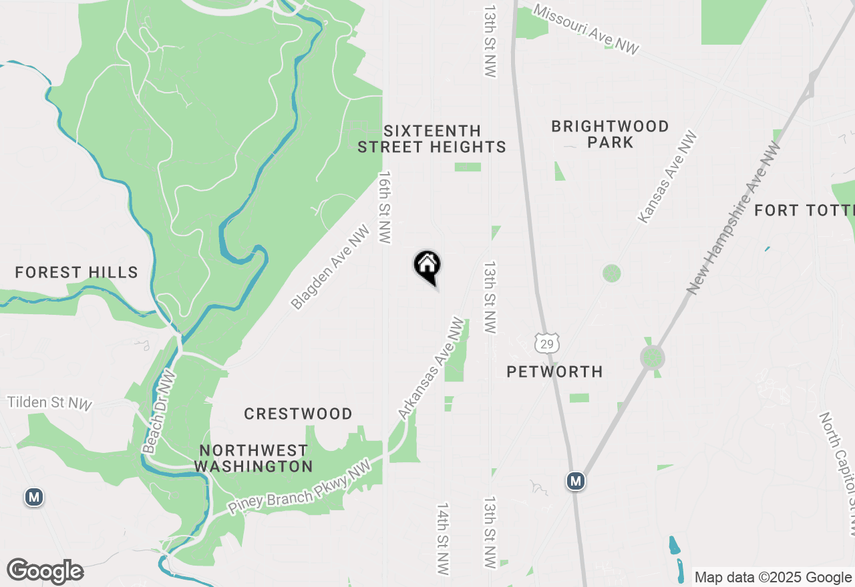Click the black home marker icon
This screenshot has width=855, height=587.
[x=427, y=265]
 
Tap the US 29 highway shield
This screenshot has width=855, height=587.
[x=546, y=343]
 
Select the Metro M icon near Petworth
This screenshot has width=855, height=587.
[x=576, y=481]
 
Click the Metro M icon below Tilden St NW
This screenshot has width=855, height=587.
[x=33, y=497]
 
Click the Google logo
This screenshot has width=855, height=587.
[x=45, y=572]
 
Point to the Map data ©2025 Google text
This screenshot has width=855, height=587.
[x=772, y=578]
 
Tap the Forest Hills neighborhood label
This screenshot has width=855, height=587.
[x=76, y=272]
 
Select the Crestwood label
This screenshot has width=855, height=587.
[x=298, y=414]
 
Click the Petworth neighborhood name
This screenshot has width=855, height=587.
[x=554, y=372]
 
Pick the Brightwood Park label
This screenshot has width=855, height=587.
[x=610, y=134]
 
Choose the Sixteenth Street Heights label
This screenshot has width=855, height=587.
[x=432, y=139]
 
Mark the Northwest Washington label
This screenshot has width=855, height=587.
[x=253, y=458]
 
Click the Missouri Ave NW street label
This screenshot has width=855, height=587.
[x=586, y=29]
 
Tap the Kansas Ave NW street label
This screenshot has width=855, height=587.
[x=667, y=177]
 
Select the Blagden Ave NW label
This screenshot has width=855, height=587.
[x=331, y=267]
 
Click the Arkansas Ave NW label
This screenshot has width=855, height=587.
[x=431, y=368]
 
